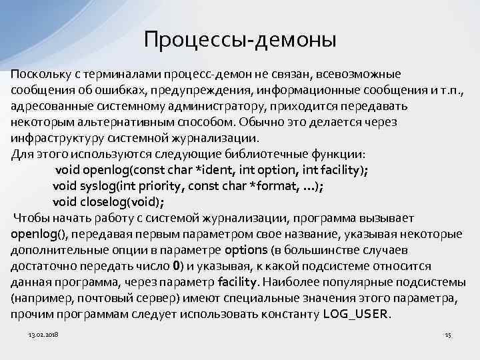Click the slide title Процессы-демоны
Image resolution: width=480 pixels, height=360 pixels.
[x=240, y=39]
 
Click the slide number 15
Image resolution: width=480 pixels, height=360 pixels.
[x=447, y=333]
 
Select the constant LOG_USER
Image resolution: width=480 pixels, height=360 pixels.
[x=357, y=313]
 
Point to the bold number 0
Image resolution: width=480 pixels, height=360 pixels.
[x=176, y=266]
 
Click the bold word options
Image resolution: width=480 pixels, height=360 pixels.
[x=246, y=250]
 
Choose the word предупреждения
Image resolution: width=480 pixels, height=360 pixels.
[x=203, y=90]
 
